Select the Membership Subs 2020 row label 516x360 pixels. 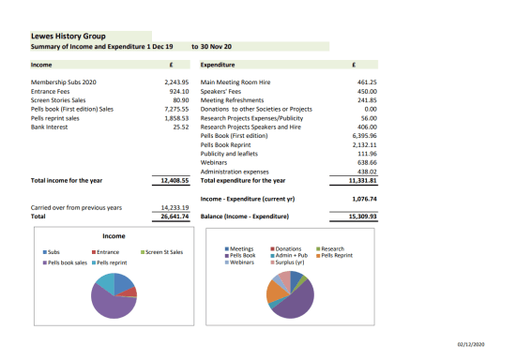click(64, 83)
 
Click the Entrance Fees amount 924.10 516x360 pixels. click(176, 92)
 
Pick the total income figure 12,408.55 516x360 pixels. click(174, 180)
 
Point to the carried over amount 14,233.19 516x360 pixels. click(174, 207)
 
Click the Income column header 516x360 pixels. click(41, 66)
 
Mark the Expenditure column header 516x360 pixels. click(222, 66)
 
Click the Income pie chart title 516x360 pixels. click(113, 236)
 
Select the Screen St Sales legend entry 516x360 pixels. click(164, 252)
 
